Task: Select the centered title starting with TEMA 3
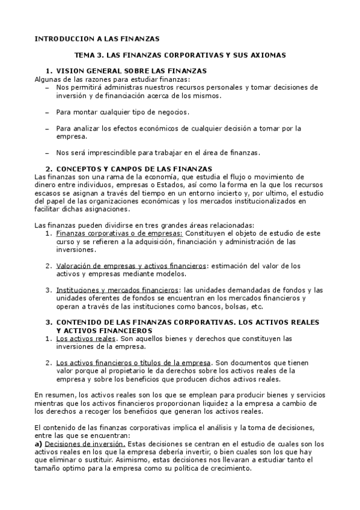180,55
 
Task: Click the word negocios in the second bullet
174,112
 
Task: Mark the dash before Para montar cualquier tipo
47,112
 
